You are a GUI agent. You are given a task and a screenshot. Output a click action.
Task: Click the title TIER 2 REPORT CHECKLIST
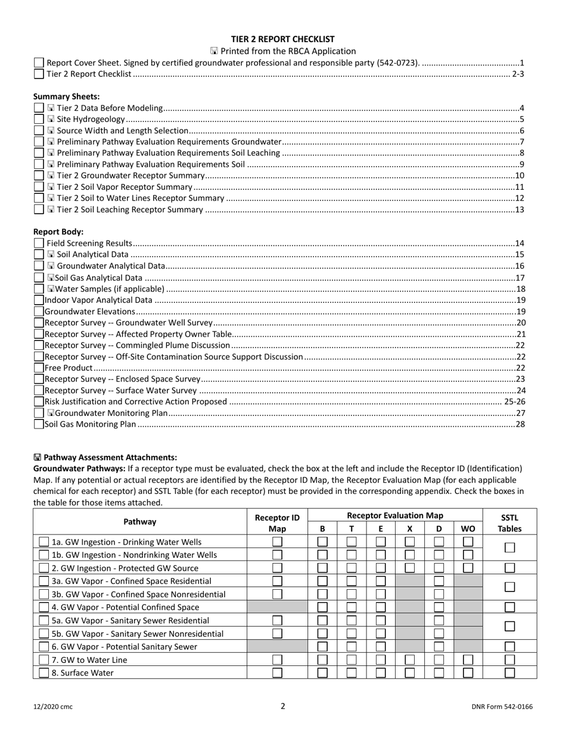pos(283,39)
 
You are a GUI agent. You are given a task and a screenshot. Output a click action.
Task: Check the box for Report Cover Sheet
pos(39,63)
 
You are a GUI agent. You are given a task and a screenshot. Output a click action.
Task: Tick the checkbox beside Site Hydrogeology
pos(39,120)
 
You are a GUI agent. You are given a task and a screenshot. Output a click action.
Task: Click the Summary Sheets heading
pos(66,96)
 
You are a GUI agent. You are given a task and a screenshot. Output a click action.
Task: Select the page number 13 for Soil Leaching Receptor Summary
pos(519,209)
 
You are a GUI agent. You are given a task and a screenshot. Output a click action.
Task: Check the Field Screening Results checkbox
pos(39,243)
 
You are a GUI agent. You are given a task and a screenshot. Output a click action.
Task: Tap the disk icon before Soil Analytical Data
pos(51,255)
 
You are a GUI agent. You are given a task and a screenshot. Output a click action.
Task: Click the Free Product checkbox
pos(39,368)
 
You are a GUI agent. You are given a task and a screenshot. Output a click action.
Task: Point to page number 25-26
pos(514,402)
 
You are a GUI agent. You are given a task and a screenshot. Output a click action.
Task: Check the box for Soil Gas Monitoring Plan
pos(39,424)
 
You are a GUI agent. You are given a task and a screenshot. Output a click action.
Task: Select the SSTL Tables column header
pos(509,522)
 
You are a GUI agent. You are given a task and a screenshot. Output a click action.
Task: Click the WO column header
pos(468,528)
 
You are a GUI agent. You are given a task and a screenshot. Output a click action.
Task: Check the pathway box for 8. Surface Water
pos(44,673)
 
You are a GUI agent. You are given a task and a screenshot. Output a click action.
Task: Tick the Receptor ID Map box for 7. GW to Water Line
pos(277,660)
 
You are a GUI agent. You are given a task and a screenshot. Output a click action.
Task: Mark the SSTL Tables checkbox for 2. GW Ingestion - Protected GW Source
pos(509,568)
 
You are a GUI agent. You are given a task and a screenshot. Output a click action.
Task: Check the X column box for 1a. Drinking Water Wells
pos(409,542)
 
